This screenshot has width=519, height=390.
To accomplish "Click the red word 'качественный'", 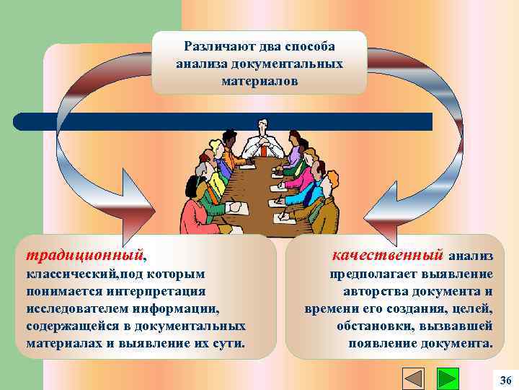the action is click(387, 255).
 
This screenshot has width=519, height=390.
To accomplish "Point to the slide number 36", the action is click(505, 380).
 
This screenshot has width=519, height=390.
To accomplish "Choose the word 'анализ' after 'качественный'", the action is click(471, 256).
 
